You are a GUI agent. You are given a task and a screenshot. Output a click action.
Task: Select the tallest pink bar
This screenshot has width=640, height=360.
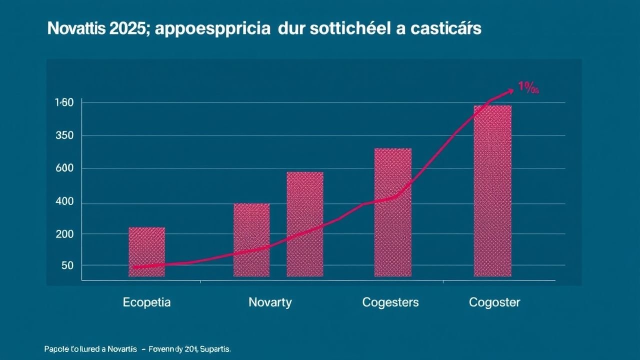pos(492,190)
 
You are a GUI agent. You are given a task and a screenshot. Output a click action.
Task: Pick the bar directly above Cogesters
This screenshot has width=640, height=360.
pos(393,212)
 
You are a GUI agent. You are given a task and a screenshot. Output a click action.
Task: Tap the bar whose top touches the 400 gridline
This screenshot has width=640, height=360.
pos(251,239)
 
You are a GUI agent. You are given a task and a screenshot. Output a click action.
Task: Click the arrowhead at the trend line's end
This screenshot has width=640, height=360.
pos(509,91)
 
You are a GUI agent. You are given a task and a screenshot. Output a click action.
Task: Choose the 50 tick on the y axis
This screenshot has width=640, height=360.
pos(67,265)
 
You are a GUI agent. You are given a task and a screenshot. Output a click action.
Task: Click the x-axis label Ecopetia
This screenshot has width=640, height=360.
pos(146,302)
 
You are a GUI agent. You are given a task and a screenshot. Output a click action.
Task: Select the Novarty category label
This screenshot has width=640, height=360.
pos(270,302)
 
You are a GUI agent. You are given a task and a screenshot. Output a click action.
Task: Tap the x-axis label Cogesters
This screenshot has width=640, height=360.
pos(390,302)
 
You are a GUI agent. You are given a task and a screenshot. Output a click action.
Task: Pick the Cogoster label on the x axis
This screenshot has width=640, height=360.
pos(494,302)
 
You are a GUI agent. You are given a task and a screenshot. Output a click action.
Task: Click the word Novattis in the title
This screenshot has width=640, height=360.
pos(77,29)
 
